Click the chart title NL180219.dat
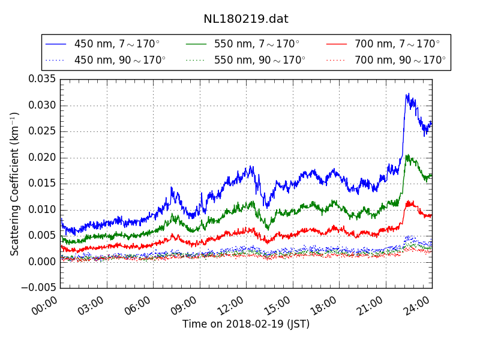click(x=245, y=19)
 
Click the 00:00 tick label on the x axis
click(x=46, y=307)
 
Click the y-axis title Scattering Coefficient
click(x=15, y=184)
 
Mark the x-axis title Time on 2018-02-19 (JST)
click(x=246, y=324)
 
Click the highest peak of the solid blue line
click(x=407, y=94)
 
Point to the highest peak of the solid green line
click(x=408, y=155)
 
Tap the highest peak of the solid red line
click(x=409, y=201)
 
